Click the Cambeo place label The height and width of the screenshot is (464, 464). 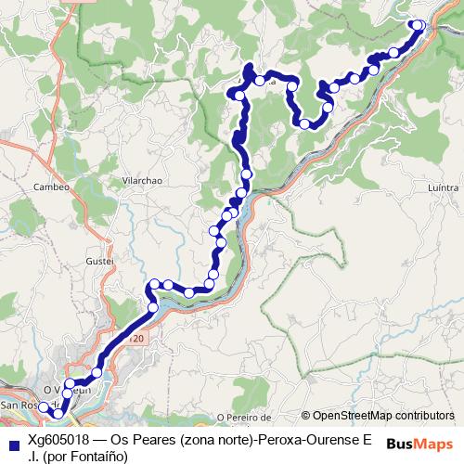(x=51, y=187)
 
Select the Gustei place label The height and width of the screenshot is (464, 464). (x=98, y=262)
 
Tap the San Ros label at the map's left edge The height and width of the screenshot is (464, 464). (x=19, y=406)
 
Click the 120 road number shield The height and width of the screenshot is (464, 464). (x=136, y=341)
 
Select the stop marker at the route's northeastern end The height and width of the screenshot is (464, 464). (x=418, y=25)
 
